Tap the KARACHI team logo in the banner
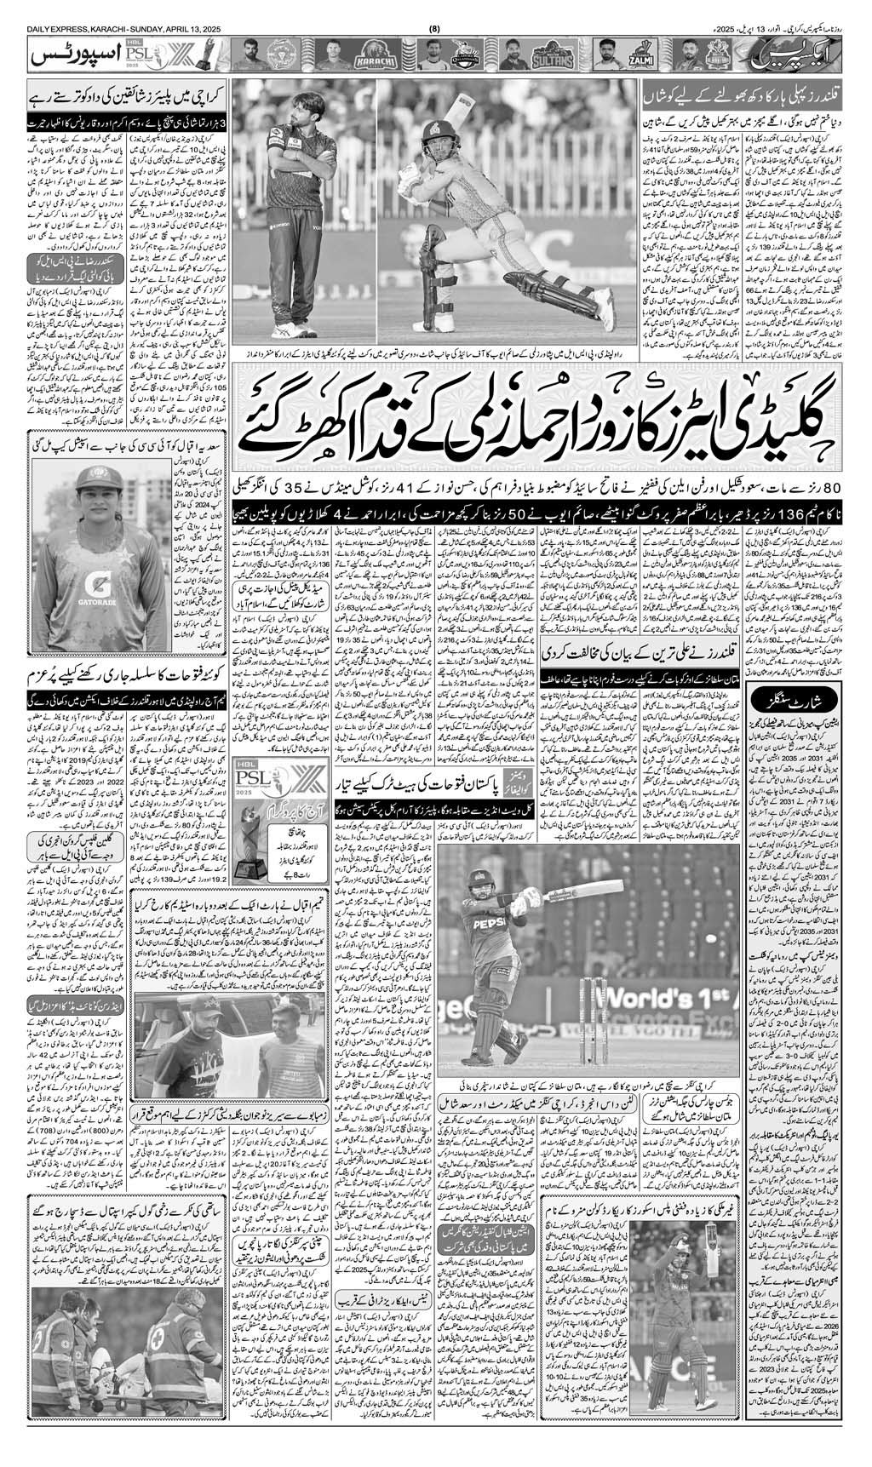coord(381,58)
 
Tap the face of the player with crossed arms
coord(297,109)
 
